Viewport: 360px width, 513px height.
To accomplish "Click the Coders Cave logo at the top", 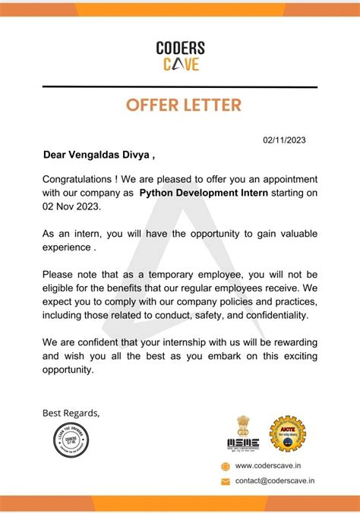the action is [x=180, y=55].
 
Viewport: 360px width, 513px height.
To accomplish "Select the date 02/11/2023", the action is [x=285, y=140].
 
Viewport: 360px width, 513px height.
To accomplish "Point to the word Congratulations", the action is [x=77, y=179].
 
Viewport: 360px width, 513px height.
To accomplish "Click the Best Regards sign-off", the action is [x=71, y=413].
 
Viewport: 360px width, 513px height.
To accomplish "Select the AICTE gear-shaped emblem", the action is [x=288, y=434].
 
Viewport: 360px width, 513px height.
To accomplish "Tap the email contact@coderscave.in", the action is [x=275, y=480].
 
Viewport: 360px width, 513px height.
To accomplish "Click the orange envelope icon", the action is [x=225, y=481].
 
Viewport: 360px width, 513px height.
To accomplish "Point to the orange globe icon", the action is [x=225, y=466].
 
